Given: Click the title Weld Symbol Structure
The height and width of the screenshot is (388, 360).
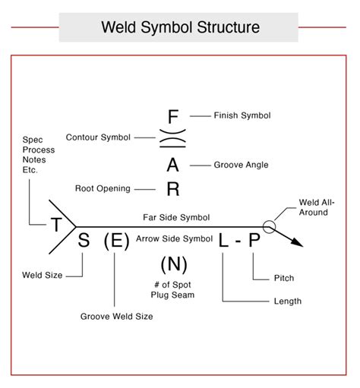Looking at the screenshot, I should tap(180, 28).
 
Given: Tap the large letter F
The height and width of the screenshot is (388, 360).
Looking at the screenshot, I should tap(172, 116).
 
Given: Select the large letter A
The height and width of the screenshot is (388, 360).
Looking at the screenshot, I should tap(172, 165).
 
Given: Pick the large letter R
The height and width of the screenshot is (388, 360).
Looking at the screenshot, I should tap(172, 189).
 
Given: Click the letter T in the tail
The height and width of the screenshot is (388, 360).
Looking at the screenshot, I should tap(56, 225).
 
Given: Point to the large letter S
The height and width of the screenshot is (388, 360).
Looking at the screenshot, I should tap(84, 241).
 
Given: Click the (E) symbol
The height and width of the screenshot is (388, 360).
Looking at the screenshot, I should tap(115, 241).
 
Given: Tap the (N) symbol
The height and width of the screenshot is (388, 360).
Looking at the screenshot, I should tap(174, 265).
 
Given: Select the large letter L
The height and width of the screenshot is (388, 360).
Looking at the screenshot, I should tap(223, 241).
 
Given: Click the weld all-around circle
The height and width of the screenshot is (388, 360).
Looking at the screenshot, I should tap(269, 226).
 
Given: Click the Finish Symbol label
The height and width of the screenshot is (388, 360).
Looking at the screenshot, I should tap(242, 115).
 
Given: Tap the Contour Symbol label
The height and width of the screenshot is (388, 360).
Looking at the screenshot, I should tap(98, 137).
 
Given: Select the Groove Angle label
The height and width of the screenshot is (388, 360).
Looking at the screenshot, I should tap(241, 164).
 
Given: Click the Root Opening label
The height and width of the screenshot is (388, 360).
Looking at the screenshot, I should tap(103, 188).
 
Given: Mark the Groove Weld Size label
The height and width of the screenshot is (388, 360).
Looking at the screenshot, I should tap(116, 315).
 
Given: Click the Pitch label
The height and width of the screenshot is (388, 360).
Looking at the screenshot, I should tap(283, 278).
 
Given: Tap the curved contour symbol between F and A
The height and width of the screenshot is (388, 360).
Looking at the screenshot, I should tap(172, 140).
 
